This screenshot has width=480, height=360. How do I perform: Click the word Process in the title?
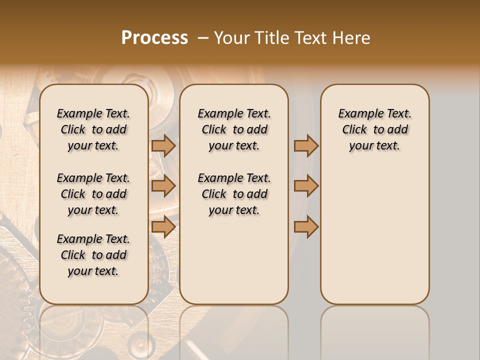click(x=154, y=38)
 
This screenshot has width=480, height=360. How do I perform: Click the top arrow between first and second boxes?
click(x=163, y=145)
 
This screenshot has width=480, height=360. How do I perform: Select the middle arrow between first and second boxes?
click(x=163, y=186)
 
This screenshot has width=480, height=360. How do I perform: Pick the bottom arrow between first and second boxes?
click(x=163, y=226)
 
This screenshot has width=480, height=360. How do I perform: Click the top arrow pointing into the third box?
click(x=306, y=145)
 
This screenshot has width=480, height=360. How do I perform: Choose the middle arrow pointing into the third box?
click(x=306, y=186)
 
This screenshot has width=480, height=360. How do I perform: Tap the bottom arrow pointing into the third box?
click(x=306, y=226)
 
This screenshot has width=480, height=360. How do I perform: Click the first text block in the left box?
click(x=93, y=129)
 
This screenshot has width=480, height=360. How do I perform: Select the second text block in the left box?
click(x=93, y=194)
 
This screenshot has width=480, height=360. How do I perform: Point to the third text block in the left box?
click(x=93, y=255)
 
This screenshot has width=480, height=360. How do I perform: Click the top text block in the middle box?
click(x=234, y=129)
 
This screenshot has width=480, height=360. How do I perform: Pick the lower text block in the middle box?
click(x=234, y=194)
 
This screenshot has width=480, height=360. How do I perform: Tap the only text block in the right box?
click(x=374, y=129)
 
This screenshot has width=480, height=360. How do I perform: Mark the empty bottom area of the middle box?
click(x=234, y=265)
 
